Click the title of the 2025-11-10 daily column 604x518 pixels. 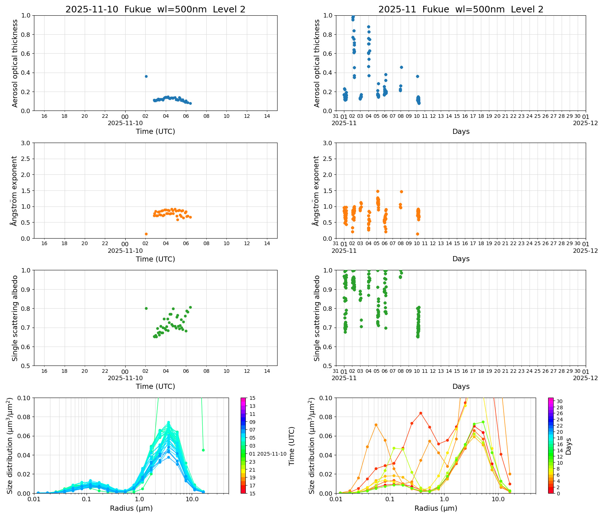pyautogui.click(x=155, y=9)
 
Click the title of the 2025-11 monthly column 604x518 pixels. pyautogui.click(x=461, y=9)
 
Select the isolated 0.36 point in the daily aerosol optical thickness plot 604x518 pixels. pyautogui.click(x=146, y=76)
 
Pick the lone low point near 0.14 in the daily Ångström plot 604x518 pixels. pyautogui.click(x=146, y=234)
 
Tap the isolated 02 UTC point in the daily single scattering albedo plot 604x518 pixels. pyautogui.click(x=146, y=308)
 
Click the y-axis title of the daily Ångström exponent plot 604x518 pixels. pyautogui.click(x=14, y=191)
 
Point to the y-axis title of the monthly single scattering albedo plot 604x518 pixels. pyautogui.click(x=317, y=318)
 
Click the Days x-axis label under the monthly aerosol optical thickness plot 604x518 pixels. pyautogui.click(x=461, y=132)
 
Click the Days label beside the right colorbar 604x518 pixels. pyautogui.click(x=569, y=446)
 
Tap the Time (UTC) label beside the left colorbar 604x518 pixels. pyautogui.click(x=291, y=446)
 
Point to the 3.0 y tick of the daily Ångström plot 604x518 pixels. pyautogui.click(x=26, y=143)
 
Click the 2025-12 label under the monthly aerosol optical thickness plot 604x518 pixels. pyautogui.click(x=585, y=123)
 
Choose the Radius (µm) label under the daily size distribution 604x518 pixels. pyautogui.click(x=131, y=509)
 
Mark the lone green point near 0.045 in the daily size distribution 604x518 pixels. pyautogui.click(x=203, y=450)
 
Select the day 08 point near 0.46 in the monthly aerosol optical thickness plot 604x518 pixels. pyautogui.click(x=401, y=67)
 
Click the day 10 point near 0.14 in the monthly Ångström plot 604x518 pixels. pyautogui.click(x=417, y=234)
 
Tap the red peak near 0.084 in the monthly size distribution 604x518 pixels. pyautogui.click(x=421, y=413)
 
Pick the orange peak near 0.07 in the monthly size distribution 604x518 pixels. pyautogui.click(x=376, y=425)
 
